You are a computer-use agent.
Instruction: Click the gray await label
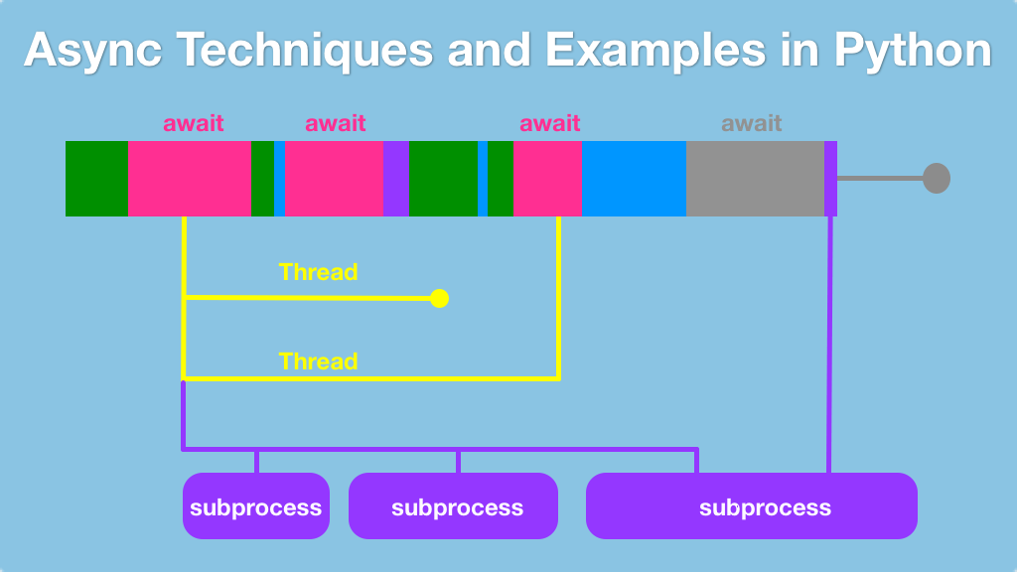(752, 123)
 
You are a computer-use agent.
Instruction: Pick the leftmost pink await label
(194, 123)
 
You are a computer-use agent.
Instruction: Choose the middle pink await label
(336, 123)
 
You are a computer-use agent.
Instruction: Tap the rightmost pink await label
(550, 123)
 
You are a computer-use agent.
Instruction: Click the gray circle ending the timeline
(937, 179)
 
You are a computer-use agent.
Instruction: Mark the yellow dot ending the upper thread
(439, 298)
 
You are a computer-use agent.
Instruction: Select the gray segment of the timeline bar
(755, 179)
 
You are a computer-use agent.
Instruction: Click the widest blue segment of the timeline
(634, 179)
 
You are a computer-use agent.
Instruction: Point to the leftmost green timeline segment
(96, 179)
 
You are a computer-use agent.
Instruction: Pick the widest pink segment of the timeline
(190, 179)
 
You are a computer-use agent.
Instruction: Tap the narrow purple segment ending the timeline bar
(830, 179)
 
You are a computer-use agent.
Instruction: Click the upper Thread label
(318, 271)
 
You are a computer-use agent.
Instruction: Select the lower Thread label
(318, 361)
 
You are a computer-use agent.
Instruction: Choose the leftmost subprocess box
(256, 506)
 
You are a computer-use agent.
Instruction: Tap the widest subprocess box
(752, 506)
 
